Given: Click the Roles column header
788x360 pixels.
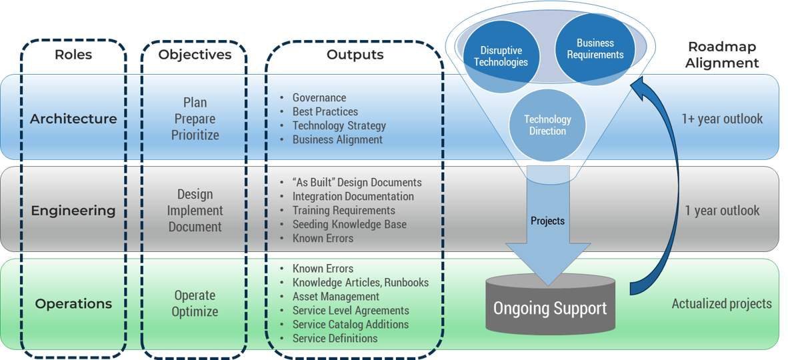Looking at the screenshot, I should (x=73, y=55).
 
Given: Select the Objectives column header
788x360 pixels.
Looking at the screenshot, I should (x=195, y=55).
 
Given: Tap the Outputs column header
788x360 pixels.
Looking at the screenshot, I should (x=355, y=55).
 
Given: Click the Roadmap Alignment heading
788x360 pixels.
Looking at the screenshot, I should (x=723, y=55).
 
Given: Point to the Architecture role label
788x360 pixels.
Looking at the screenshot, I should (x=73, y=119).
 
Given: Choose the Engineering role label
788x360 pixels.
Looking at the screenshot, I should (x=73, y=211).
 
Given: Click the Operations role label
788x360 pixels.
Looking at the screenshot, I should (x=73, y=303).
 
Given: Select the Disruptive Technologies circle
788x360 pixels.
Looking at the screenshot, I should (x=501, y=56).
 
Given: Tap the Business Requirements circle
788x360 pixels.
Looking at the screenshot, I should (x=595, y=49).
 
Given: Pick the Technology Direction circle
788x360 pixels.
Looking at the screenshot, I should (x=547, y=125).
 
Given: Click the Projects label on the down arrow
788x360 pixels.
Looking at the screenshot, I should (x=547, y=221).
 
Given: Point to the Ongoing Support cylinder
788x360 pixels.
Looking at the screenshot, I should (x=550, y=308).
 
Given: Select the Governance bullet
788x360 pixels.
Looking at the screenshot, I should (x=319, y=98).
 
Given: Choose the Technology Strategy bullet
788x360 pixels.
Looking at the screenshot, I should (x=339, y=125).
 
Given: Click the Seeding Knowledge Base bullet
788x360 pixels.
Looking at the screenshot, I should (x=349, y=224).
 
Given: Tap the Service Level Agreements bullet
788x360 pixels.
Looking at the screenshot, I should (x=350, y=310).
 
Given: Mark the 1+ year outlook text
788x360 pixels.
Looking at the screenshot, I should (x=722, y=119).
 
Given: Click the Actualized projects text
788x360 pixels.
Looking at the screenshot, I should (x=721, y=303).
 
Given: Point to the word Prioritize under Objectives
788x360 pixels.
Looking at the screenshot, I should (x=195, y=135).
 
